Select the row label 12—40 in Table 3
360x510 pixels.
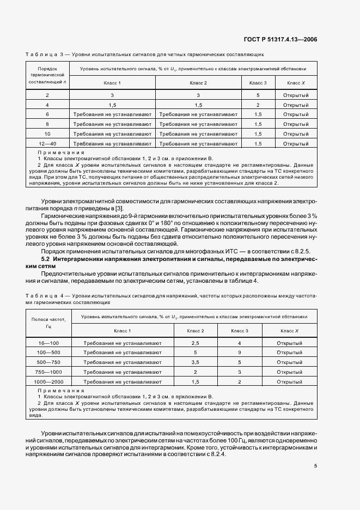(x=47, y=143)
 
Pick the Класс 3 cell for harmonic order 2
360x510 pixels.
(x=258, y=95)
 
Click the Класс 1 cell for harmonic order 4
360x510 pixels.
(x=113, y=105)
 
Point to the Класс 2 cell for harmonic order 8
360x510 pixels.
(x=198, y=124)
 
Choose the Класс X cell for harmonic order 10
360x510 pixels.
(x=296, y=133)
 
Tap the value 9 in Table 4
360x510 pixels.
(x=239, y=353)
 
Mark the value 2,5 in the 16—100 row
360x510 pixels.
(x=195, y=343)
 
